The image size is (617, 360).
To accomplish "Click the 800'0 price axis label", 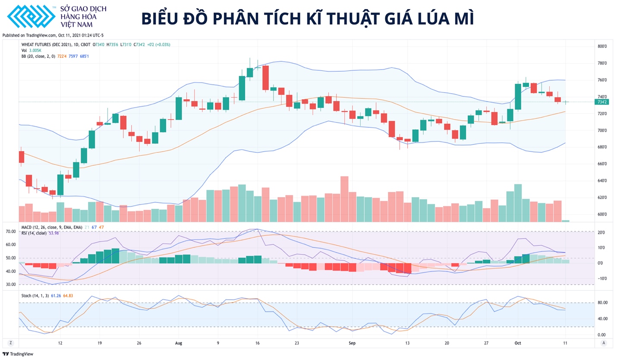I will point(602,46).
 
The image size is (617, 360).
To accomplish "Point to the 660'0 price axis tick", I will point(602,164).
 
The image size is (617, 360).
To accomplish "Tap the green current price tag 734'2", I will point(602,102).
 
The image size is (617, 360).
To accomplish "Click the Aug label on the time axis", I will point(179,343).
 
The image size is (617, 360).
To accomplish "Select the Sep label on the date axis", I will point(352,343).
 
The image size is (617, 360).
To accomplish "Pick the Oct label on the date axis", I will point(518,343).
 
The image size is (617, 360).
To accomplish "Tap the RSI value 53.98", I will point(54,233).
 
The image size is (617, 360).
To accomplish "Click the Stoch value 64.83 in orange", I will point(68,296).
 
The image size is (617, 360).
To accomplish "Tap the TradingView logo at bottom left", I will point(15,354).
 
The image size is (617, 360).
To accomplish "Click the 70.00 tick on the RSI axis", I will point(11,231).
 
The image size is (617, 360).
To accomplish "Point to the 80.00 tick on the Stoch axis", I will point(602,303).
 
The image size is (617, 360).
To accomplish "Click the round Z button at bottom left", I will point(10,343).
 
